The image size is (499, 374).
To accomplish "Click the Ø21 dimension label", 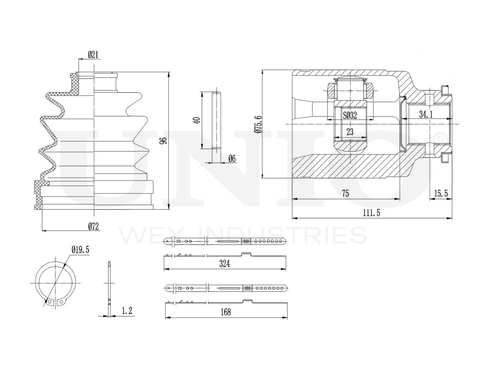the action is (93, 55).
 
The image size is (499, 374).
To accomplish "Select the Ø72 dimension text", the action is (93, 226).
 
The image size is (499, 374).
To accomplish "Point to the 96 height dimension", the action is (164, 141).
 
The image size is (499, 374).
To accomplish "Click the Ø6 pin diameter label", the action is (232, 158).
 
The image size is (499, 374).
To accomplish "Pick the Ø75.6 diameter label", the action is (257, 125).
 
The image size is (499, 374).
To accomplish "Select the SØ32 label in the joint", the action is (350, 115).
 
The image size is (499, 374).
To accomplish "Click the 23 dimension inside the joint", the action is (350, 132).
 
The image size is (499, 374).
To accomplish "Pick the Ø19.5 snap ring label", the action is (81, 251).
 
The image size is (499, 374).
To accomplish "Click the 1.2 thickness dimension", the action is (127, 311).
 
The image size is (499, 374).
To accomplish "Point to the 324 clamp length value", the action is (224, 264).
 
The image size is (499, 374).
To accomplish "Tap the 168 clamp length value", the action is (225, 312).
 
